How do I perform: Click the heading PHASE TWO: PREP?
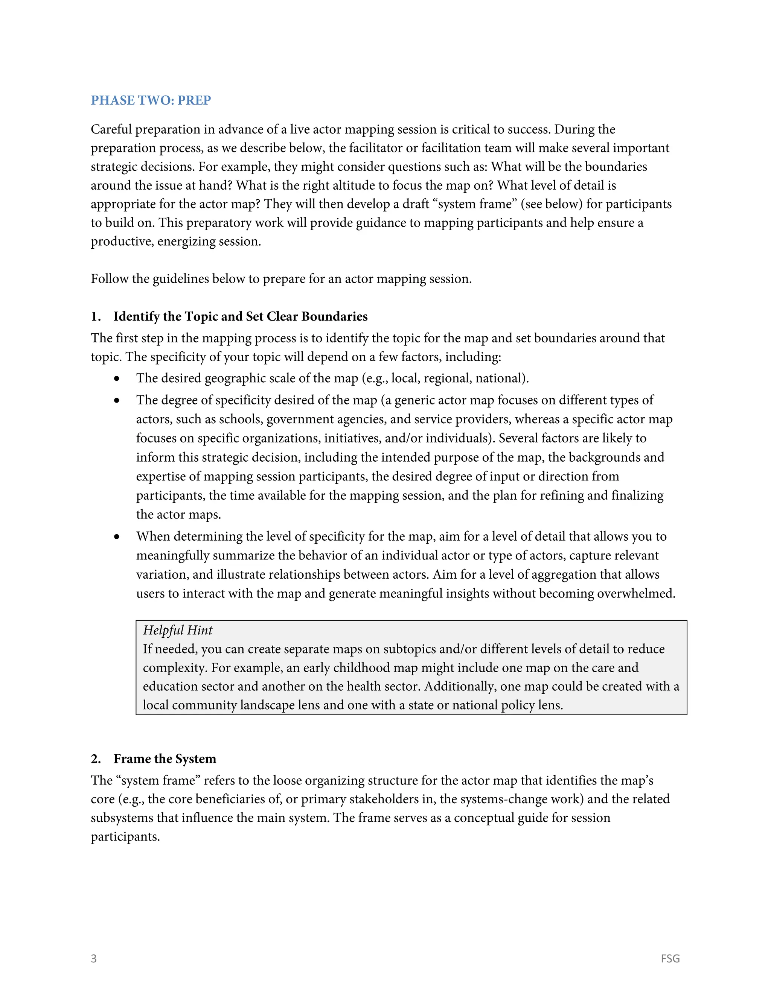151,100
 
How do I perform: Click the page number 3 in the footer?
94,958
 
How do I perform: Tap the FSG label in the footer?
670,958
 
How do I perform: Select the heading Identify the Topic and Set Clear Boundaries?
240,316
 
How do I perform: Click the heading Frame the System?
165,759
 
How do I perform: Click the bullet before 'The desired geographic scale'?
117,378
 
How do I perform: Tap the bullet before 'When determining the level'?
117,537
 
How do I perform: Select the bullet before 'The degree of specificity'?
117,400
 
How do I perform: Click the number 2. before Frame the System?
96,759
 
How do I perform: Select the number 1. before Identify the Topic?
96,316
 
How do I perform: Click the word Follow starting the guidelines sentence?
110,279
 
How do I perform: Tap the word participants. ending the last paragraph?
125,837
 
